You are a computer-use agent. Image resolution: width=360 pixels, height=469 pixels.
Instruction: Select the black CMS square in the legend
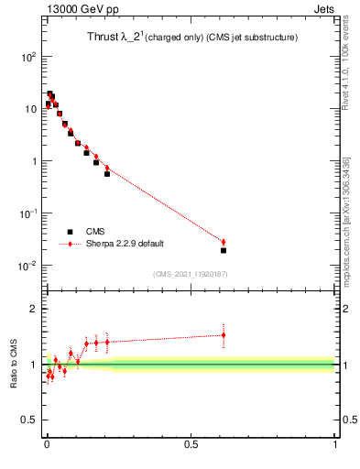pos(70,232)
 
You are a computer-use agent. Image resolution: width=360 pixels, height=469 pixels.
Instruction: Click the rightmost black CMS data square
pos(224,250)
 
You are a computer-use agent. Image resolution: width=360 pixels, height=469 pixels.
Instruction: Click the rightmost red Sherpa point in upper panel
pos(224,242)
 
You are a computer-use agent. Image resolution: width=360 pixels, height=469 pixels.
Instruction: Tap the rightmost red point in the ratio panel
pos(224,334)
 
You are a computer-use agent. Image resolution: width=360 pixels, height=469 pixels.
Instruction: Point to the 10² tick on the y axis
pos(28,57)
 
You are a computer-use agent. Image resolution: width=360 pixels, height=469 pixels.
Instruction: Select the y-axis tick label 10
pos(31,109)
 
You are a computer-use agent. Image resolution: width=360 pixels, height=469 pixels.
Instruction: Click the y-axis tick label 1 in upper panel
pos(35,161)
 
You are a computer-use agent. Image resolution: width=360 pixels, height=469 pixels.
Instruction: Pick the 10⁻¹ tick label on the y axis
pos(28,213)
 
